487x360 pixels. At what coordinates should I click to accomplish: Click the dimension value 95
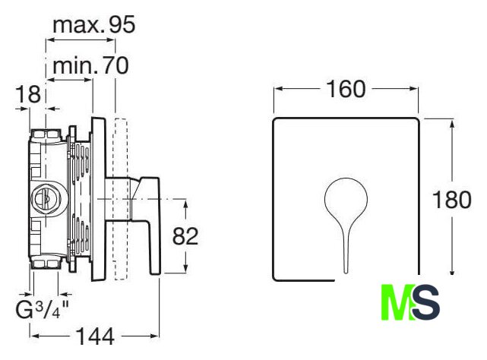tap(122, 25)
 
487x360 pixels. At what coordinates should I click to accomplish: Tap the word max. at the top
tap(77, 26)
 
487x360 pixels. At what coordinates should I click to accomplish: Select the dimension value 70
tap(115, 65)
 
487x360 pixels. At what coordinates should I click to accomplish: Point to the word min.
tap(75, 65)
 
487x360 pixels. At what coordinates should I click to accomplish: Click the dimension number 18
tap(29, 94)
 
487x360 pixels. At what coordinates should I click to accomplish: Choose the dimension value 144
tap(96, 336)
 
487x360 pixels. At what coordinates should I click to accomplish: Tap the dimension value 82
tap(185, 236)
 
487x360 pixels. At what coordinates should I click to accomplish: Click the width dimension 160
tap(346, 89)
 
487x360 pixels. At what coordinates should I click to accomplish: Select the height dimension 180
tap(452, 200)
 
